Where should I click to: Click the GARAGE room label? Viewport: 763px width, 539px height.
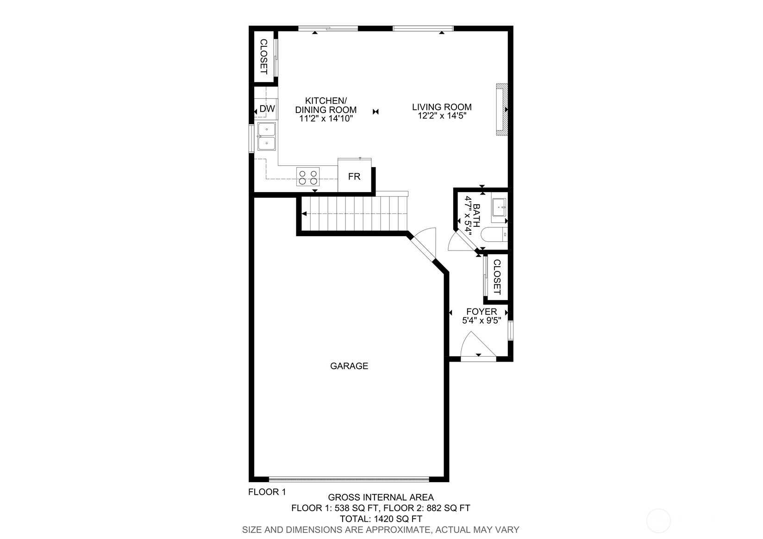[349, 366]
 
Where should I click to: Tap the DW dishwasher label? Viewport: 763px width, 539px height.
[267, 109]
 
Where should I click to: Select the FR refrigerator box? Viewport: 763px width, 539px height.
[355, 175]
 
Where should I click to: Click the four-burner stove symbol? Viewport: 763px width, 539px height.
[308, 176]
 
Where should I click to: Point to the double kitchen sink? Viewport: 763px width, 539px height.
[267, 137]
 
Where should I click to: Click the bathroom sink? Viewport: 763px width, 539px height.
[499, 207]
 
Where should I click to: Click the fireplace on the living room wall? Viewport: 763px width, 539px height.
[502, 110]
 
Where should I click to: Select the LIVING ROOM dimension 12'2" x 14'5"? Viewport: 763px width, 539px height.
[442, 116]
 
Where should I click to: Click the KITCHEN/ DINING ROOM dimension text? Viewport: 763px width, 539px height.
[325, 119]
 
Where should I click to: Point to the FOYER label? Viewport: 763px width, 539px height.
[482, 312]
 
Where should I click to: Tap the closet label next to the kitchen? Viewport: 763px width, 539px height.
[263, 56]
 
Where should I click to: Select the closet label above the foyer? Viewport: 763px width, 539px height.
[497, 277]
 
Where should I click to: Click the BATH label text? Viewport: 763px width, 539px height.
[476, 215]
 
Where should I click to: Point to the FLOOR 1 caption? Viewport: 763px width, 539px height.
[267, 492]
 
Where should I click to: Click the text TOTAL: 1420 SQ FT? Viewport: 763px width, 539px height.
[381, 519]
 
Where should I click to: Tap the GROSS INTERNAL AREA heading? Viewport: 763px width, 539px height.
[381, 497]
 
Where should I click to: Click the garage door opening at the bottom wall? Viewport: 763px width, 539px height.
[349, 479]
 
